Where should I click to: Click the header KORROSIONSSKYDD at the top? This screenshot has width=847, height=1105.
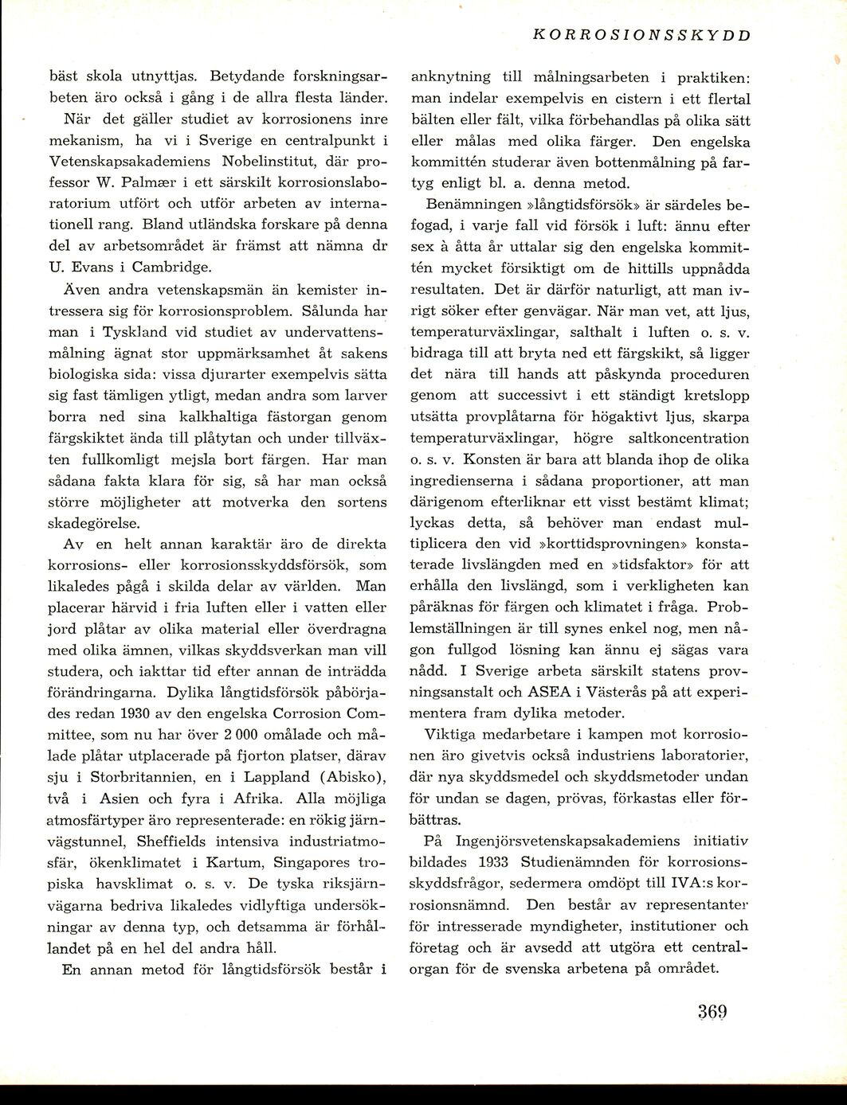click(641, 35)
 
